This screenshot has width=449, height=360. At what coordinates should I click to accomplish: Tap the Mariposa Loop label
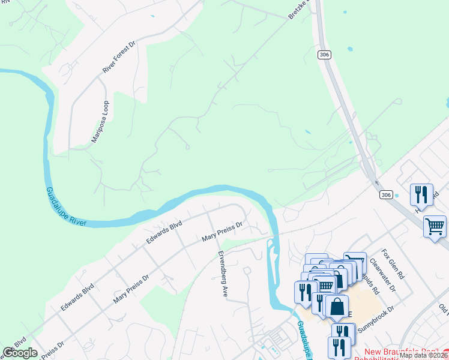pos(100,122)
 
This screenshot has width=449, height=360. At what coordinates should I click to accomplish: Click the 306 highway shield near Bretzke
pos(324,55)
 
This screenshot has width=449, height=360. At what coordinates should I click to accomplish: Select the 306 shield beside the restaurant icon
pos(386,194)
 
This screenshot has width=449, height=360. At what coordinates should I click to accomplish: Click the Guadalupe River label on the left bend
pos(66,207)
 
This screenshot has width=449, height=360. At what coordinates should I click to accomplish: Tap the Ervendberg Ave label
pos(223,274)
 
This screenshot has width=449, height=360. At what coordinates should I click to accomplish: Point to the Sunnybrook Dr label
pos(375,319)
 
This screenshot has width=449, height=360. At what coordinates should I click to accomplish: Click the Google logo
pos(20,353)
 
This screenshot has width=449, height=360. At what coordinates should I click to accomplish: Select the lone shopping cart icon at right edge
pos(435,227)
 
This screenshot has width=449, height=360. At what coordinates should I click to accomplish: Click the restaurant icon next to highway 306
pos(421,194)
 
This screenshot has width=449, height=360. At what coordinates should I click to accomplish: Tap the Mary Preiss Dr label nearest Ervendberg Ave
pos(221,231)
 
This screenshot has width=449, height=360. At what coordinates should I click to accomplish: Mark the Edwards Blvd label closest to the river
pos(164,233)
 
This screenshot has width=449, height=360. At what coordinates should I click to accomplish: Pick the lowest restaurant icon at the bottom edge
pos(339,347)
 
